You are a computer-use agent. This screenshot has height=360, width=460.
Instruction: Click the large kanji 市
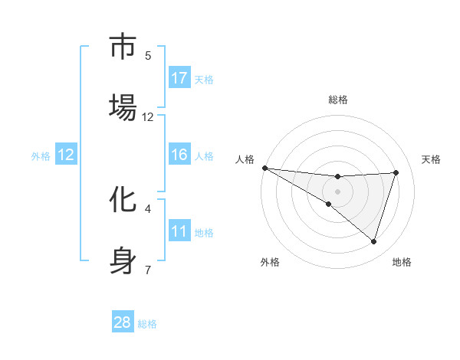point(123,47)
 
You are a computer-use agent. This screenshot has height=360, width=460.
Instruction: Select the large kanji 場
point(123,108)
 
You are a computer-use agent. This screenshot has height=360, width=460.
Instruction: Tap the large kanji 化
point(123,200)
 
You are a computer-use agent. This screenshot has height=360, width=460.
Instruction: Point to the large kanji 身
point(123,260)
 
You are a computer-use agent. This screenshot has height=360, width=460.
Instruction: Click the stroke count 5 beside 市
point(148,55)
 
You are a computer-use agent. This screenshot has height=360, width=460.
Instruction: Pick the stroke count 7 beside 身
point(148,269)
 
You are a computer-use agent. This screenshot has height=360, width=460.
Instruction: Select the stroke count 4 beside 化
point(148,208)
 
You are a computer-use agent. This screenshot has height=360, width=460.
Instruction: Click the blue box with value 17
point(179,78)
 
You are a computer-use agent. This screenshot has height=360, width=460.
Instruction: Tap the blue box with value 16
point(179,155)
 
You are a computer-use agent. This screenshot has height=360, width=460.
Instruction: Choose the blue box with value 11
point(179,231)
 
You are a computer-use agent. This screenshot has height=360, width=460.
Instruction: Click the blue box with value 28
point(123,322)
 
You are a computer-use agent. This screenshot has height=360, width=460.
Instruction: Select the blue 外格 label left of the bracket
point(41,155)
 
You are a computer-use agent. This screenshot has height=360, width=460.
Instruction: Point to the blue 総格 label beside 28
point(147,323)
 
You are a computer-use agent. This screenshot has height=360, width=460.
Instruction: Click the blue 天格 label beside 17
point(203,79)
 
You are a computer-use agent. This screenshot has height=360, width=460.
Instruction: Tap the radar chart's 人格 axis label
point(245,159)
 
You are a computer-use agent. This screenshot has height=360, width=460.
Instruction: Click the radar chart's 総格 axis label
point(338,100)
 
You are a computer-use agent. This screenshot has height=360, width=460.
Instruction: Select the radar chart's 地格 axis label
point(402,263)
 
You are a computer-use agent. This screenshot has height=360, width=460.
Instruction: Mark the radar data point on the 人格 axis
point(264,168)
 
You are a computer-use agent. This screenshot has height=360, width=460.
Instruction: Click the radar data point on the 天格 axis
point(396,172)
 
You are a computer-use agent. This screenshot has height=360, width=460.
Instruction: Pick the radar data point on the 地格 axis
point(374,242)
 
